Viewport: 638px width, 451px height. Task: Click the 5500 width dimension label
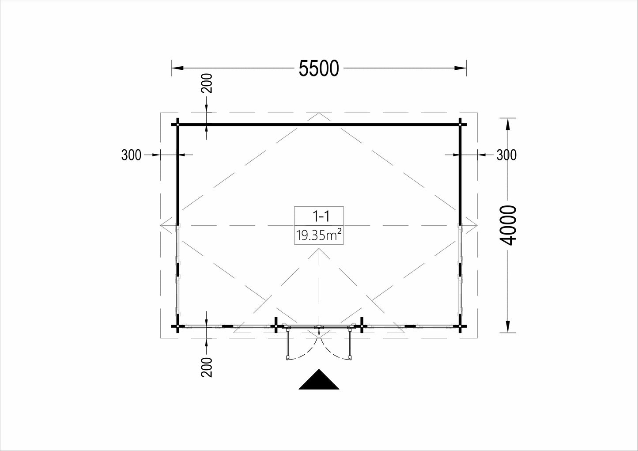[319, 68]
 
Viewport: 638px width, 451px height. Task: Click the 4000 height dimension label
[508, 225]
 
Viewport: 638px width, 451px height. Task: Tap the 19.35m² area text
[319, 235]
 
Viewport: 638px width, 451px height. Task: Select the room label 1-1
[321, 216]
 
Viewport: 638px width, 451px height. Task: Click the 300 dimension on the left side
[131, 155]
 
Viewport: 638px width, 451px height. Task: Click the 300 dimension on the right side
[506, 155]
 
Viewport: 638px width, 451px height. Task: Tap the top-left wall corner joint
[178, 125]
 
